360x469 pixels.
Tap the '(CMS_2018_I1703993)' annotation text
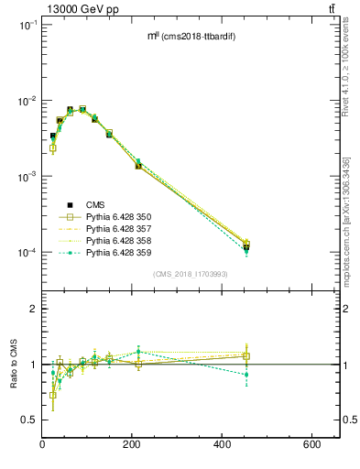pyautogui.click(x=190, y=274)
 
